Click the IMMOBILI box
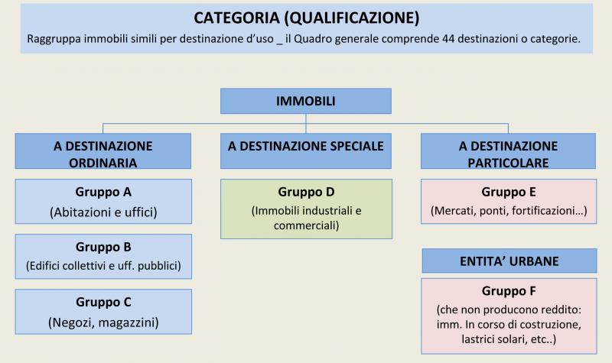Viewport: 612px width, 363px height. (x=305, y=101)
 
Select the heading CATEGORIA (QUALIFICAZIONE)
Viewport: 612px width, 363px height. (x=307, y=18)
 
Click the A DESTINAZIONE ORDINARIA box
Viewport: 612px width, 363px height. (x=103, y=151)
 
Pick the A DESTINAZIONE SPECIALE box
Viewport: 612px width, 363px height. (x=305, y=151)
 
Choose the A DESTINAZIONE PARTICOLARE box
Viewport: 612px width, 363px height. (x=508, y=151)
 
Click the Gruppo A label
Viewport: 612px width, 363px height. (x=103, y=192)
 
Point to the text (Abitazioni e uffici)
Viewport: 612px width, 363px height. (x=103, y=212)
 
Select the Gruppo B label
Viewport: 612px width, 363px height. (x=103, y=247)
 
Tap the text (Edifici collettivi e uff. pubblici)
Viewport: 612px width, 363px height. (x=103, y=266)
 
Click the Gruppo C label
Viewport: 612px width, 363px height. (x=103, y=302)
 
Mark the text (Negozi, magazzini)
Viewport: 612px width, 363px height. (x=103, y=322)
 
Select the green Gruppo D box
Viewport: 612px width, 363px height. (x=307, y=209)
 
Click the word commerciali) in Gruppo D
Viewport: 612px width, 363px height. (x=307, y=225)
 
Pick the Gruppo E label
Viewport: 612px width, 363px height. (x=509, y=192)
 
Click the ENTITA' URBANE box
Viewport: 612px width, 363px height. (x=509, y=261)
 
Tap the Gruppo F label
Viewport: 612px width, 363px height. (x=509, y=291)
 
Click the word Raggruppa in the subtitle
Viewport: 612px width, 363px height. (x=54, y=40)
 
